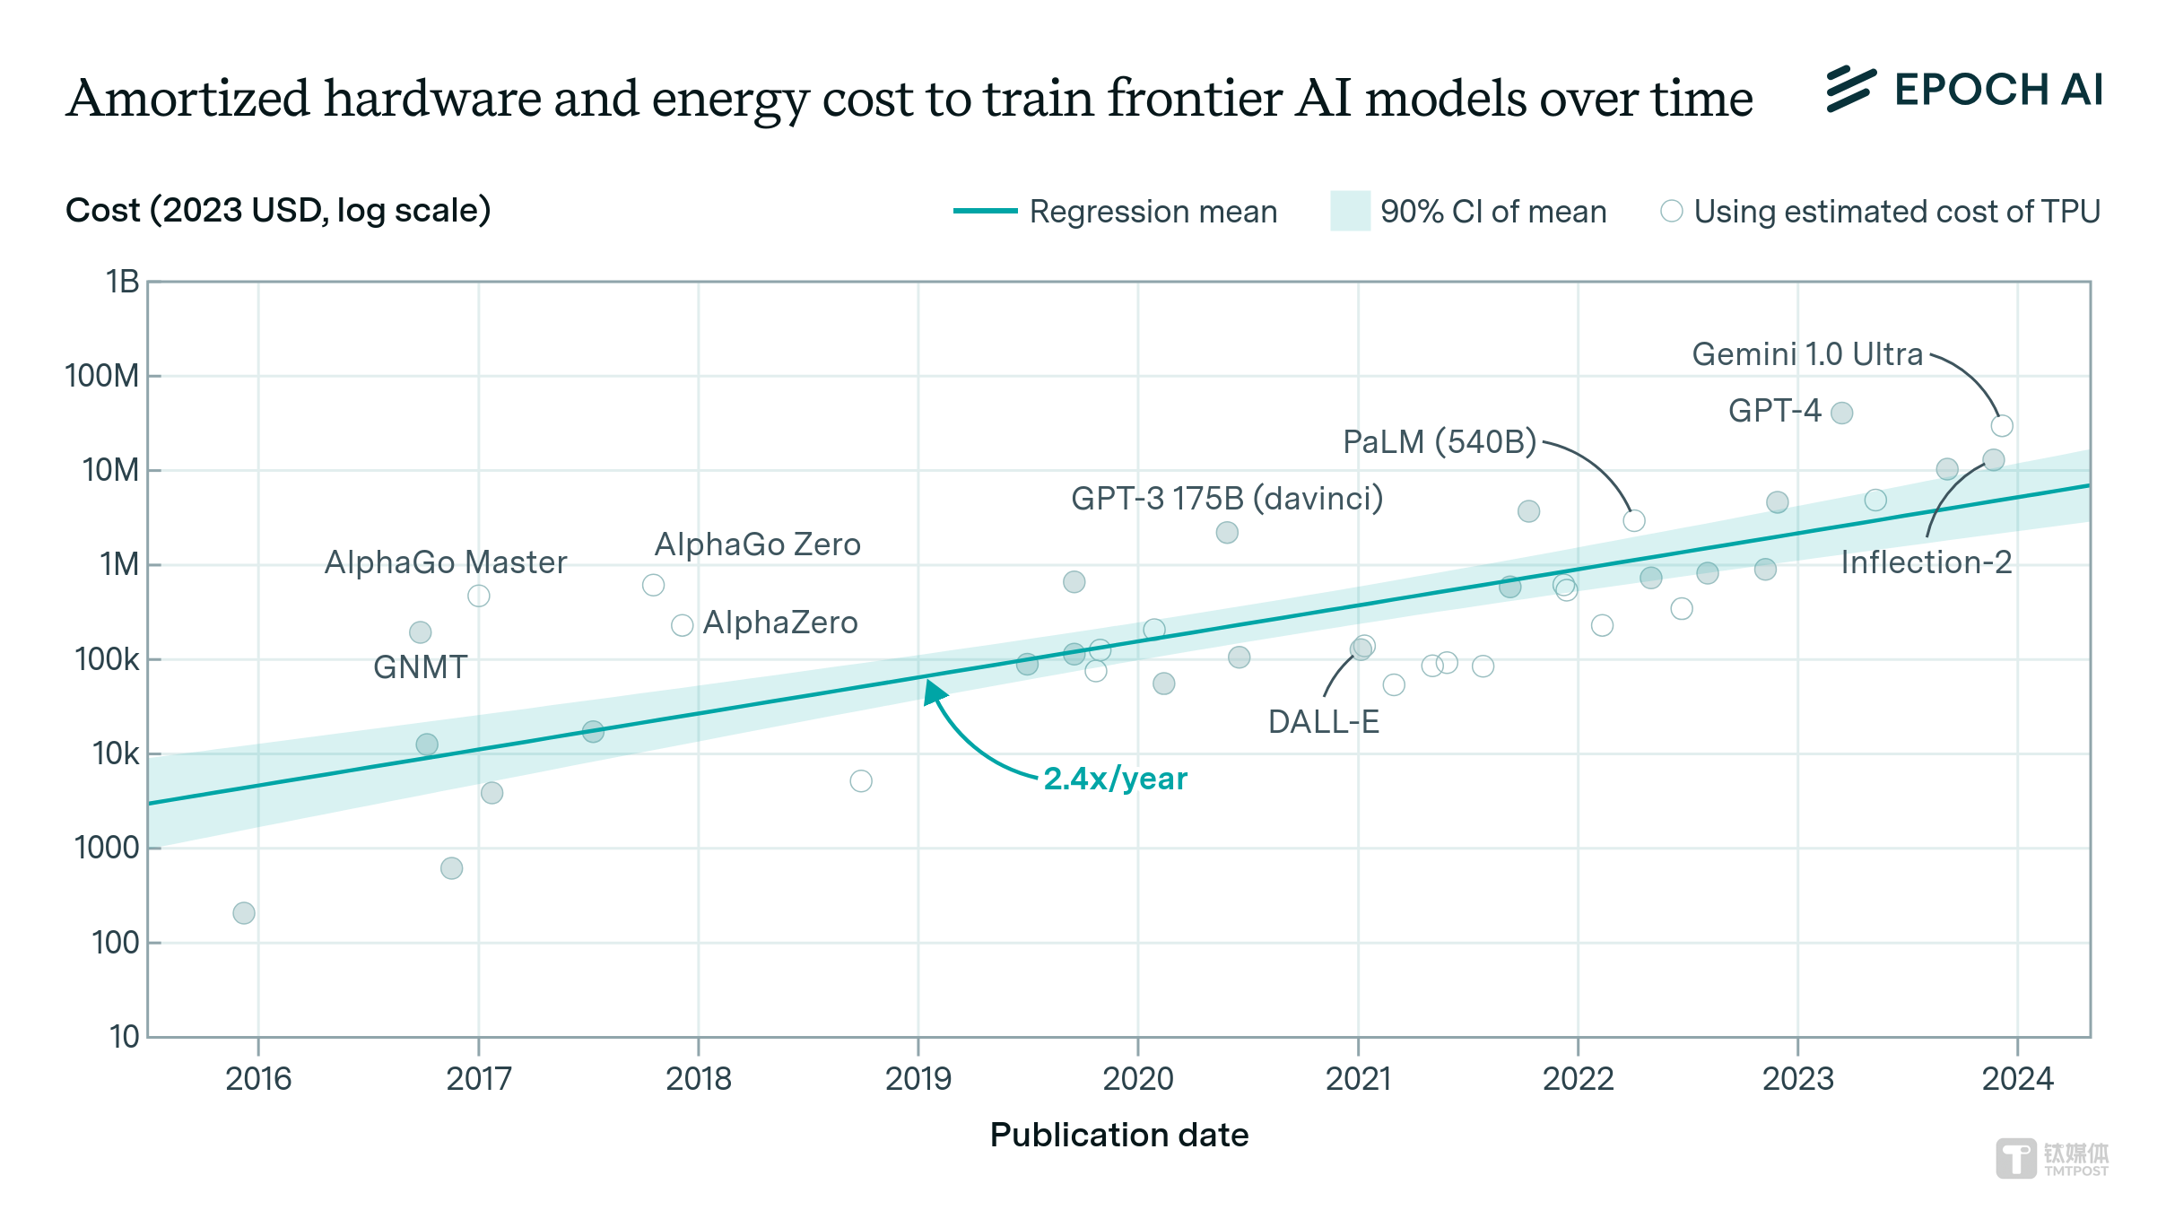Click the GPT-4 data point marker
point(1841,413)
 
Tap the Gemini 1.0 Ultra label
point(1806,354)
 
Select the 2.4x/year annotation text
point(1115,779)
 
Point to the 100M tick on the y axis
point(101,376)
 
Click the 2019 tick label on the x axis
point(918,1078)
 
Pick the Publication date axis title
point(1118,1135)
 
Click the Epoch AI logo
point(1964,90)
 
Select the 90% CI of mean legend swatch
point(1350,212)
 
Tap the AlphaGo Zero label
point(757,544)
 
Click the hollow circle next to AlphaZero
point(682,625)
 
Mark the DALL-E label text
point(1323,722)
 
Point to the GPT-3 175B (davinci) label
point(1226,498)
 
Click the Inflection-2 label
point(1926,562)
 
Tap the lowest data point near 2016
point(244,913)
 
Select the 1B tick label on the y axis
point(122,282)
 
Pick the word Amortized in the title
point(187,98)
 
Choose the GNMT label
point(420,667)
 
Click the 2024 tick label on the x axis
point(2017,1078)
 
